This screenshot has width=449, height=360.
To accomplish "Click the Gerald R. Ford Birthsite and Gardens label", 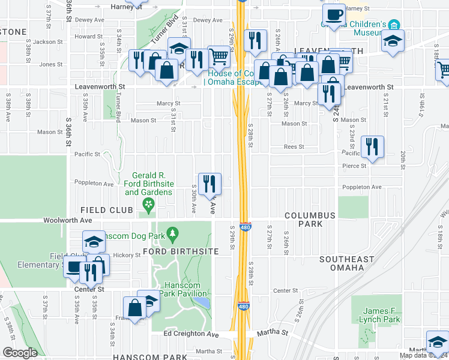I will click(148, 184).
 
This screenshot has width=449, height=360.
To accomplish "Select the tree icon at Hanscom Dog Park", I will click(173, 232).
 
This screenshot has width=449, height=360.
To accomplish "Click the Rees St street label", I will click(295, 146).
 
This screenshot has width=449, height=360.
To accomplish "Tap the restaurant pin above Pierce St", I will click(372, 146).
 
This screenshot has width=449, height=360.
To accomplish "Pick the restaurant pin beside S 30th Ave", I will click(209, 183).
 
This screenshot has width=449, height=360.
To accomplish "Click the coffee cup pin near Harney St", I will click(334, 13).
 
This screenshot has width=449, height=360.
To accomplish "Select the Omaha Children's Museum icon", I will click(394, 25).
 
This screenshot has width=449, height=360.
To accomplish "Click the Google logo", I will click(20, 352).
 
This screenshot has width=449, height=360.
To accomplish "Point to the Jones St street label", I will click(51, 64).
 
